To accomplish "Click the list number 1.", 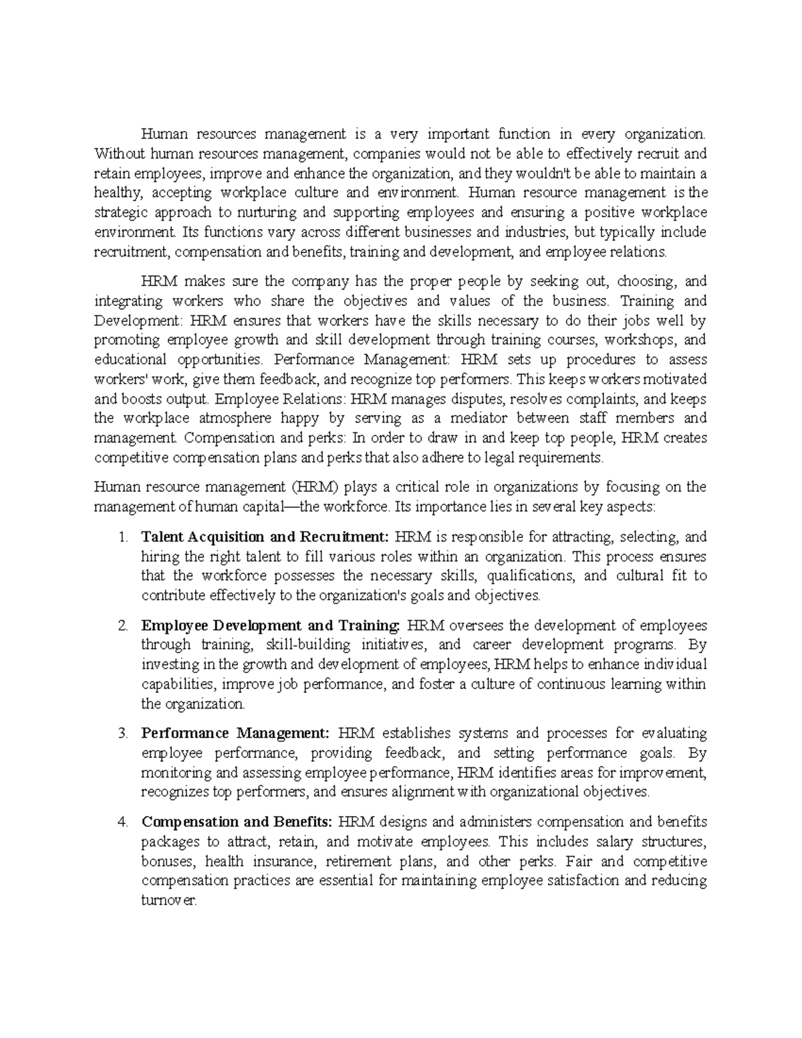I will click(121, 537).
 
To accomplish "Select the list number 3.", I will click(122, 734).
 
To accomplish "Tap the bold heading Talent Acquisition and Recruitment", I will click(264, 537).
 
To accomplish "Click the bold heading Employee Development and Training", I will click(271, 626).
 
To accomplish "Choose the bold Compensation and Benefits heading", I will click(236, 822).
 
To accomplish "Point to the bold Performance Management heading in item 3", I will click(235, 734).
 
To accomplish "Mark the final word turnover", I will click(169, 901).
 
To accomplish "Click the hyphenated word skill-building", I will click(307, 646).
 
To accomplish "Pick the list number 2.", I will click(122, 626).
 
